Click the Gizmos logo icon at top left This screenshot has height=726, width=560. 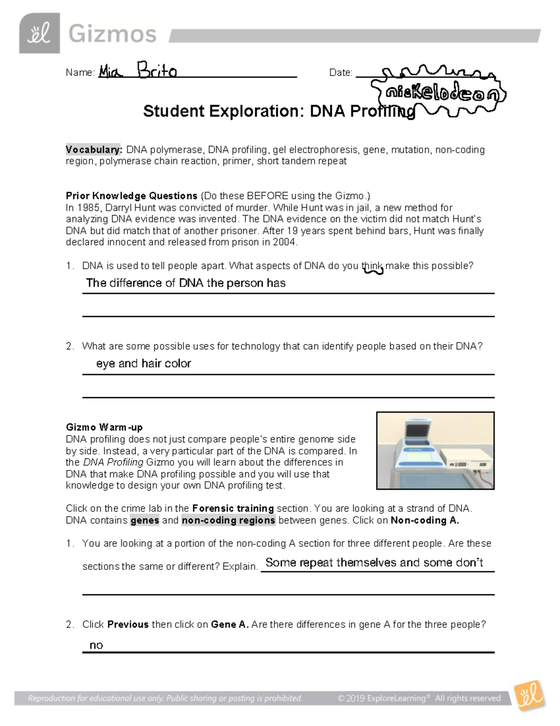pos(39,33)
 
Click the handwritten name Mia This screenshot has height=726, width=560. pos(110,71)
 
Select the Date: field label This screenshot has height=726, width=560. pos(341,72)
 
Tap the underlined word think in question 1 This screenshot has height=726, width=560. pos(372,266)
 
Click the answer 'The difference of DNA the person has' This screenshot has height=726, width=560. pos(186,283)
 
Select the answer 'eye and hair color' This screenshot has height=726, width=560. pos(143,363)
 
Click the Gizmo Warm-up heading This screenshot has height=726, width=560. pos(104,427)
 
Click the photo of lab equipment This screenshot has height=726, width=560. pos(435,450)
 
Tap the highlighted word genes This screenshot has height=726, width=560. pos(145,520)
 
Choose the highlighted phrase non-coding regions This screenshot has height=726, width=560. pos(228,520)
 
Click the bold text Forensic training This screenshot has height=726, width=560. pos(233,508)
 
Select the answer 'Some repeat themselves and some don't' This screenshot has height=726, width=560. pos(374,562)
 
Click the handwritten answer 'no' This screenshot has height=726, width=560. pos(96,645)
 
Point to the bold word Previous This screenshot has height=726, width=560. pos(128,624)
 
